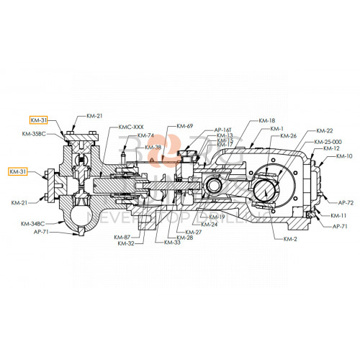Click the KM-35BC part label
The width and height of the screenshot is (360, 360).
point(35,135)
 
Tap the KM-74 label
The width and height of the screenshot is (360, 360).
point(145,135)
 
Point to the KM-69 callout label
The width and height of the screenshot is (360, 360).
point(185,127)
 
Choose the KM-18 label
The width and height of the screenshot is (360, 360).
point(266,120)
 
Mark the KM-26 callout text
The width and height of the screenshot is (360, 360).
point(288,136)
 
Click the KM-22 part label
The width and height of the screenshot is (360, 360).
point(325,131)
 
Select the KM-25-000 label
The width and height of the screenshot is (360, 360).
point(328,142)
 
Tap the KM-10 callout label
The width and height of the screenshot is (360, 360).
point(344,156)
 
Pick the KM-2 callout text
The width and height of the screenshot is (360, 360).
point(291,238)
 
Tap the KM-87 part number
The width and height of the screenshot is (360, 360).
point(122,237)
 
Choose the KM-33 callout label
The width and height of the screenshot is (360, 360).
point(172,242)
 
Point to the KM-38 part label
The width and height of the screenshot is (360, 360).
point(153,148)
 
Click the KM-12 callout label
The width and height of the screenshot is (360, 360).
point(332,148)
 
